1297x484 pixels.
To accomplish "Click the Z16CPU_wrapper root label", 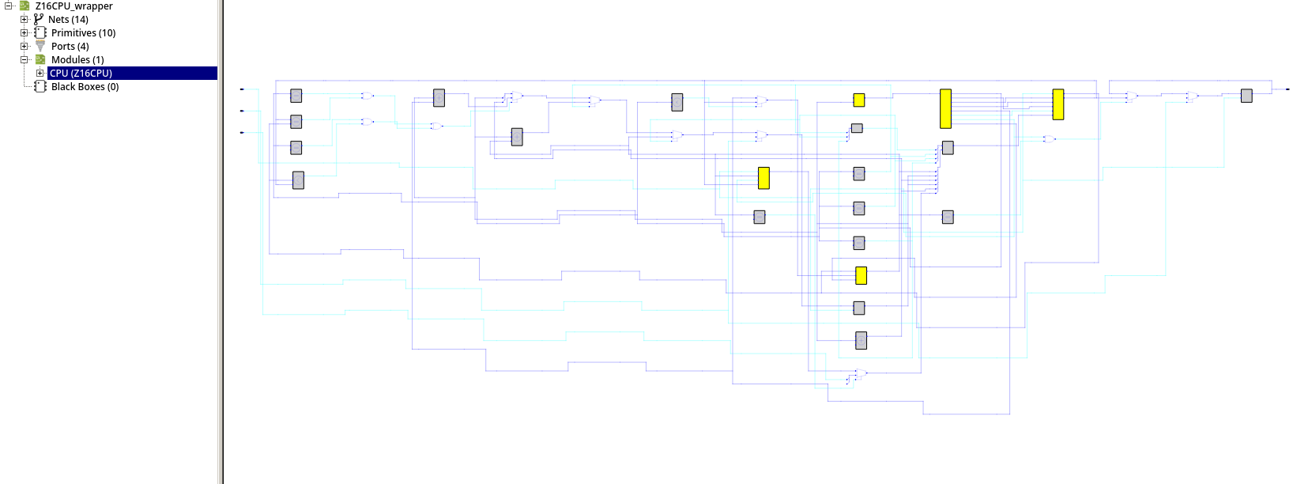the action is [74, 6].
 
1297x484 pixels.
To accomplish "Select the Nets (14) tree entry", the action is [68, 20].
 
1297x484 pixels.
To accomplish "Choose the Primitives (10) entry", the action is [83, 33].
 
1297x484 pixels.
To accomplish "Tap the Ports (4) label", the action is [70, 47].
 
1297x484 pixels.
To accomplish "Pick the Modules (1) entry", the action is [77, 60].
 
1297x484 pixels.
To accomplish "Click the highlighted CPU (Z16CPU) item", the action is [81, 74].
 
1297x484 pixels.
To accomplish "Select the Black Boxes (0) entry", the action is [85, 87].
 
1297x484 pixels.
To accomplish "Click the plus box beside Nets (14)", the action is [25, 20].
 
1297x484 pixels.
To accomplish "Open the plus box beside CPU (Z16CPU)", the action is [40, 74].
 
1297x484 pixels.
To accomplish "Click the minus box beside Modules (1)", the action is [25, 60].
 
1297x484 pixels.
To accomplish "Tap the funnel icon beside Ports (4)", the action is [40, 47].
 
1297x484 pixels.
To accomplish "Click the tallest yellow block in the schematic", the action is [945, 108].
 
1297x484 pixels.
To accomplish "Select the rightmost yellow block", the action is [1058, 104].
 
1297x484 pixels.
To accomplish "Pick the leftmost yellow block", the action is [763, 178].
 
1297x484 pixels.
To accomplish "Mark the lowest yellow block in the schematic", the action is [861, 275].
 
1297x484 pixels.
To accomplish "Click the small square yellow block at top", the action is [858, 100].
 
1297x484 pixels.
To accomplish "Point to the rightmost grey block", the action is [1246, 96].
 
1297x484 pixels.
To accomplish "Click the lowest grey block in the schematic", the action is [861, 341].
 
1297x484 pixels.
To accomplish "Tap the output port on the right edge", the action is [1288, 89].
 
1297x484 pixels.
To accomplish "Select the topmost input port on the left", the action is [242, 89].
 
